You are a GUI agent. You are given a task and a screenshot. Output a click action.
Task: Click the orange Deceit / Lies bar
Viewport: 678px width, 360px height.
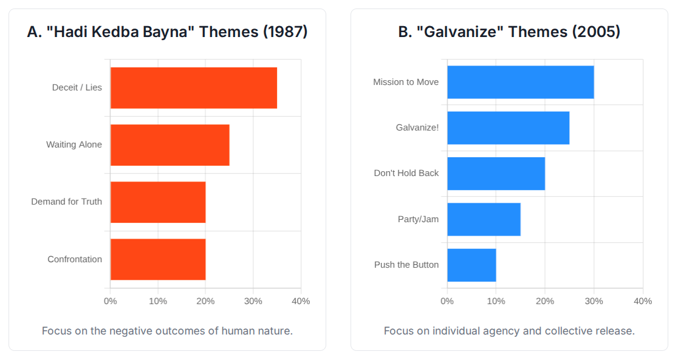pyautogui.click(x=193, y=88)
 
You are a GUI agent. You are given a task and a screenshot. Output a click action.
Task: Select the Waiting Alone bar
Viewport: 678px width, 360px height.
pyautogui.click(x=169, y=145)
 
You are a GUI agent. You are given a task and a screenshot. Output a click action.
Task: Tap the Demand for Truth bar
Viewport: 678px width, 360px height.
pyautogui.click(x=158, y=202)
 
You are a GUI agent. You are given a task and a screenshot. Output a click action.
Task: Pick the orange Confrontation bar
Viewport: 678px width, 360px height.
pyautogui.click(x=158, y=259)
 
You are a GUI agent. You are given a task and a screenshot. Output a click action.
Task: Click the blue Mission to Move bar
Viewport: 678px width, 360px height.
pyautogui.click(x=520, y=82)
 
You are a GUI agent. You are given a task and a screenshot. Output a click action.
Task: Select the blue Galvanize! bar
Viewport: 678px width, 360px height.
pyautogui.click(x=508, y=128)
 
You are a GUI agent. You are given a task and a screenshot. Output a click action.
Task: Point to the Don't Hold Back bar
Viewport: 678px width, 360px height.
pyautogui.click(x=496, y=174)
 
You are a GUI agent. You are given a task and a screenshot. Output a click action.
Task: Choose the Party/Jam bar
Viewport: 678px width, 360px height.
pyautogui.click(x=484, y=219)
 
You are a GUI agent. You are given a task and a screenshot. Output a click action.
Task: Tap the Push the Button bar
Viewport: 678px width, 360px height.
pyautogui.click(x=471, y=265)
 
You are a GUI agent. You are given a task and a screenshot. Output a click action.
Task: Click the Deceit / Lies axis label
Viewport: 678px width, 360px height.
pyautogui.click(x=77, y=87)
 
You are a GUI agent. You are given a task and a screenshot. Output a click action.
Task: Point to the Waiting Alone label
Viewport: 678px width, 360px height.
pyautogui.click(x=74, y=144)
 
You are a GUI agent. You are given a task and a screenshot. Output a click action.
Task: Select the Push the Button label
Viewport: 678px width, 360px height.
pyautogui.click(x=406, y=265)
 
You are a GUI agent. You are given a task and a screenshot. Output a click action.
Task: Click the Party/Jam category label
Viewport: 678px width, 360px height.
pyautogui.click(x=418, y=219)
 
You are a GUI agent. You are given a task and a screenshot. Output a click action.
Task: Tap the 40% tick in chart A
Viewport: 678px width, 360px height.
pyautogui.click(x=301, y=301)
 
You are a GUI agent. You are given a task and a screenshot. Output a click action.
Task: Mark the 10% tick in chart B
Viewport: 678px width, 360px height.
pyautogui.click(x=496, y=301)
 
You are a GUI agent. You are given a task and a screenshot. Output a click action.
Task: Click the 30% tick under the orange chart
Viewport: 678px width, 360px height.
pyautogui.click(x=253, y=301)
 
